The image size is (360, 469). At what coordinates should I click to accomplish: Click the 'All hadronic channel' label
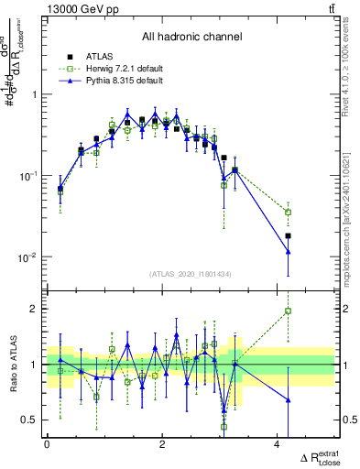click(191, 38)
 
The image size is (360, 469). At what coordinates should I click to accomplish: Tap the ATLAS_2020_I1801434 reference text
click(191, 273)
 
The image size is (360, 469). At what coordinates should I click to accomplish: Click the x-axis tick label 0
click(47, 446)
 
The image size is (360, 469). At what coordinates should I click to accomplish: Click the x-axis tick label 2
click(162, 446)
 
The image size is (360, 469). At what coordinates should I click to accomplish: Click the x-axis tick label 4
click(278, 446)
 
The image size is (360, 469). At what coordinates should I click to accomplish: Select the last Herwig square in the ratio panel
click(289, 311)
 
